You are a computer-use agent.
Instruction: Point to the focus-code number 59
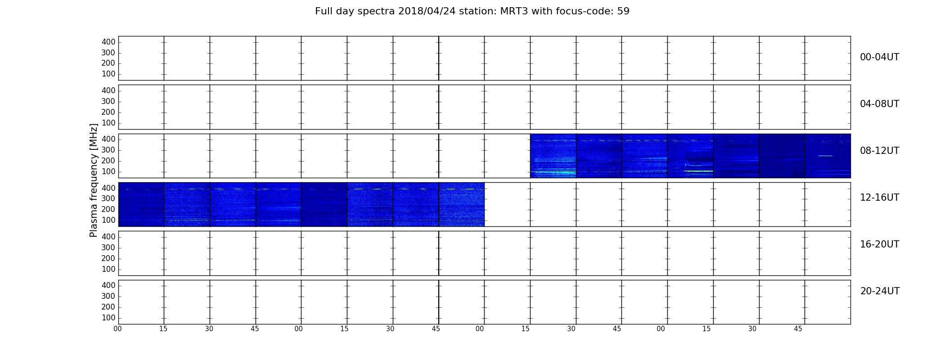(623, 11)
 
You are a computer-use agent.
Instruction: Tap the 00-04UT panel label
(880, 57)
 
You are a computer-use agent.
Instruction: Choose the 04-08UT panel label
(880, 104)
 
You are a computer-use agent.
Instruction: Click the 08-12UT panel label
(880, 151)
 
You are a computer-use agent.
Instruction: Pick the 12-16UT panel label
(880, 198)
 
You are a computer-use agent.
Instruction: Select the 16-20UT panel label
(880, 244)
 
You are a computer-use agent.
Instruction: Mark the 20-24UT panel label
(880, 291)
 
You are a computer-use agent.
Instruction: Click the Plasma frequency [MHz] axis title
(94, 180)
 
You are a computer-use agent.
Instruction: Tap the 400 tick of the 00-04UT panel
(108, 42)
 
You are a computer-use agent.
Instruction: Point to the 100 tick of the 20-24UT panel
(108, 318)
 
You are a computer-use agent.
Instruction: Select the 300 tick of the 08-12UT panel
(108, 150)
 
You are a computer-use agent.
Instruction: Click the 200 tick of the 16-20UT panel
(108, 258)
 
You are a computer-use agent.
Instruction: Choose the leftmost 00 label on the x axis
(118, 329)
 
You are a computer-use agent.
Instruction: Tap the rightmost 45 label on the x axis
(798, 329)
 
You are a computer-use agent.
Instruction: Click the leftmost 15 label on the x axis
(163, 329)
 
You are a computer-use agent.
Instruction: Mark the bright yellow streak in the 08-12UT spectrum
(699, 171)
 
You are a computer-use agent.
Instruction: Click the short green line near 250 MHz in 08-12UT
(825, 156)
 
